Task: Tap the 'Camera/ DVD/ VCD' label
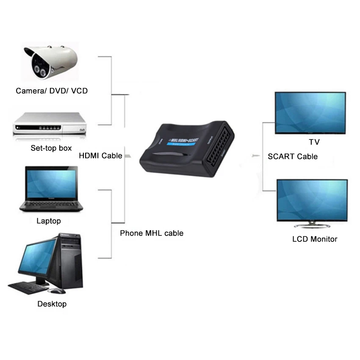[x=52, y=91]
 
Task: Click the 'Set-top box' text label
[x=51, y=148]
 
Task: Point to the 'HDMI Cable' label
[x=100, y=156]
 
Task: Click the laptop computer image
[x=50, y=188]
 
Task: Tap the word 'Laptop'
[x=49, y=221]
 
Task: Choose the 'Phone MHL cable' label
[x=152, y=233]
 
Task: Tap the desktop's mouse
[x=58, y=291]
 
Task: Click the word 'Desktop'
[x=52, y=304]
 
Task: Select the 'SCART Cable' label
[x=293, y=156]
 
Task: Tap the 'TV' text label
[x=314, y=142]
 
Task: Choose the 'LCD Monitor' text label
[x=315, y=239]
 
